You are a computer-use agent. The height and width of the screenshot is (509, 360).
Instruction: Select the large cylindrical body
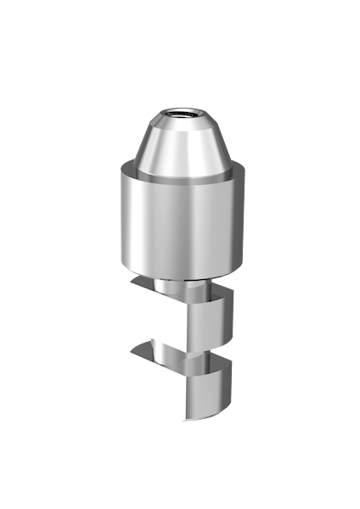(x=179, y=221)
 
